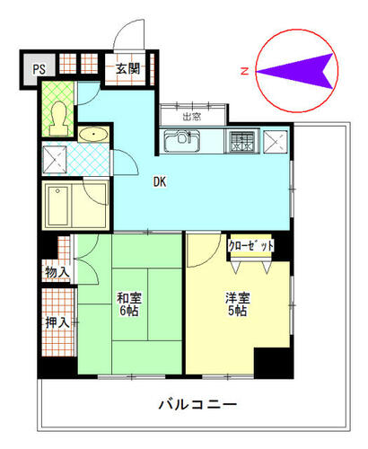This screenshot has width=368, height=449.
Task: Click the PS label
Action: tap(39, 69)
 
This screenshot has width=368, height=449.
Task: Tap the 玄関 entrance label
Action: tap(128, 69)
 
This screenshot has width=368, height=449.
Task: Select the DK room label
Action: tap(160, 181)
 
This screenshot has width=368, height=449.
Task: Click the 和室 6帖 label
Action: tap(129, 304)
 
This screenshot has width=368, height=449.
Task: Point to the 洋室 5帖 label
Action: tap(238, 304)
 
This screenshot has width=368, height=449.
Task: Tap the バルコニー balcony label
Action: tap(197, 405)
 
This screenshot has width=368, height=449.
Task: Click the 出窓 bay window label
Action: tap(192, 117)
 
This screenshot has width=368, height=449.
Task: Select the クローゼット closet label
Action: tap(251, 246)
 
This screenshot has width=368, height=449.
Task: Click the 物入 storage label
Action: tap(57, 272)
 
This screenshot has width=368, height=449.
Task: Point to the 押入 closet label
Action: tap(57, 322)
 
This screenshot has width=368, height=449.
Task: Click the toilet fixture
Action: tap(58, 119)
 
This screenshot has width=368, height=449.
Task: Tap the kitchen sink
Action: tap(182, 141)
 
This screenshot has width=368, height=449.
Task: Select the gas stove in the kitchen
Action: tap(244, 141)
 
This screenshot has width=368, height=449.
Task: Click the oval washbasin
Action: tap(93, 134)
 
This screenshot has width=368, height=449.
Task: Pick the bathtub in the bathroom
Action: tap(58, 205)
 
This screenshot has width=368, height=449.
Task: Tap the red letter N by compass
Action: tap(245, 71)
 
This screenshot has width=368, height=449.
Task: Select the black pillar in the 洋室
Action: tap(272, 362)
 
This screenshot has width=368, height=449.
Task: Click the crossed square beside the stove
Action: tap(276, 142)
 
